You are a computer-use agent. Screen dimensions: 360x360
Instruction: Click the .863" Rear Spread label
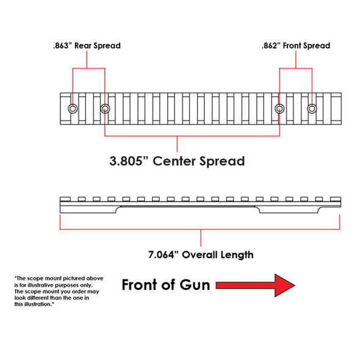click(x=86, y=45)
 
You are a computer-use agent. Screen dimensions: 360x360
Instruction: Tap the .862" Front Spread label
click(x=295, y=45)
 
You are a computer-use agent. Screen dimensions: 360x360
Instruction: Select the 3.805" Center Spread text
click(x=178, y=161)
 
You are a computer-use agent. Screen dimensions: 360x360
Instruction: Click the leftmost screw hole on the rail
click(x=73, y=109)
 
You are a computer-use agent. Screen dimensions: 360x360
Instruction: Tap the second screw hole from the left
click(x=105, y=109)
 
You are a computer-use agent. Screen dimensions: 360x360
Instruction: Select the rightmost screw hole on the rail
click(x=312, y=109)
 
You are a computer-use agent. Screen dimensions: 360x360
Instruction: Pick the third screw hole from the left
click(x=280, y=109)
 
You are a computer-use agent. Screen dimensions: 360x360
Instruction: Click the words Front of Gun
click(x=166, y=285)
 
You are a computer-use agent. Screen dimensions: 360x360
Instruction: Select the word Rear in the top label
click(x=83, y=45)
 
